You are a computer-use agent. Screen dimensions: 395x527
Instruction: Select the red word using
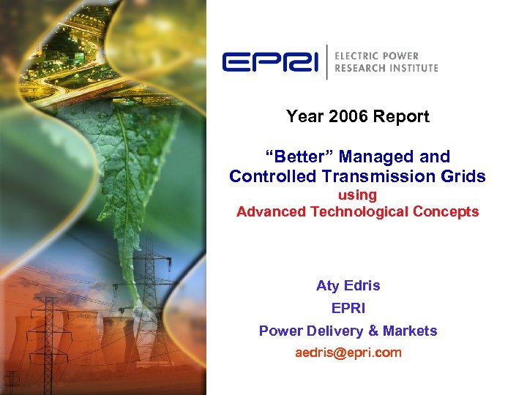[357, 195]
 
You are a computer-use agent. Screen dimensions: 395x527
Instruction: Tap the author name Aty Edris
[348, 285]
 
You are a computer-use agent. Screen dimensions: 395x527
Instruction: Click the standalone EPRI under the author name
[348, 308]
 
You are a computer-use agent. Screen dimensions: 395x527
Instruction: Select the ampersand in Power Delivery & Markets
[382, 331]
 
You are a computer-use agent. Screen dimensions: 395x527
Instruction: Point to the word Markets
[414, 331]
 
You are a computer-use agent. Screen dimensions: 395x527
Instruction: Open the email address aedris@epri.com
[348, 353]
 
